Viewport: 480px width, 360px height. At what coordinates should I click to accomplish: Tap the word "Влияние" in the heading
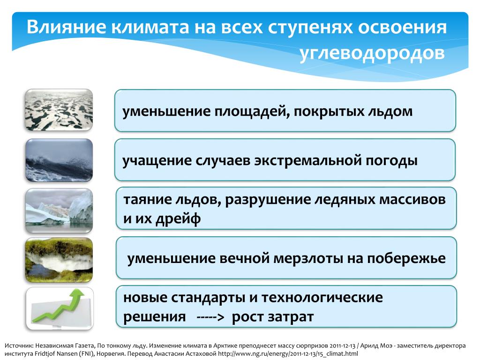pyautogui.click(x=66, y=27)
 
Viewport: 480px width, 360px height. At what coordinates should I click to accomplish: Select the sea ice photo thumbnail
pyautogui.click(x=59, y=110)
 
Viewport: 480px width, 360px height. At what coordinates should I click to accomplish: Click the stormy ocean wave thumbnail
pyautogui.click(x=59, y=160)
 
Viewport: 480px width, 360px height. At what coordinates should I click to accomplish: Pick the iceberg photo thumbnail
pyautogui.click(x=59, y=210)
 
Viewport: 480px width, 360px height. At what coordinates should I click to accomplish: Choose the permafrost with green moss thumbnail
pyautogui.click(x=59, y=260)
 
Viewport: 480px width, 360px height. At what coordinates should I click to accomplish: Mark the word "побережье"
pyautogui.click(x=406, y=259)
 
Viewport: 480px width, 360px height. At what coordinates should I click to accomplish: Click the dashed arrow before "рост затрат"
pyautogui.click(x=210, y=317)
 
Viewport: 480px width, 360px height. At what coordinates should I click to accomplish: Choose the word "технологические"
pyautogui.click(x=322, y=298)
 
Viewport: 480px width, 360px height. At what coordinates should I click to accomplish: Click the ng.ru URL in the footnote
pyautogui.click(x=288, y=354)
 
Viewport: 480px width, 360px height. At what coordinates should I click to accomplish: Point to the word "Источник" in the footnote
pyautogui.click(x=19, y=346)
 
